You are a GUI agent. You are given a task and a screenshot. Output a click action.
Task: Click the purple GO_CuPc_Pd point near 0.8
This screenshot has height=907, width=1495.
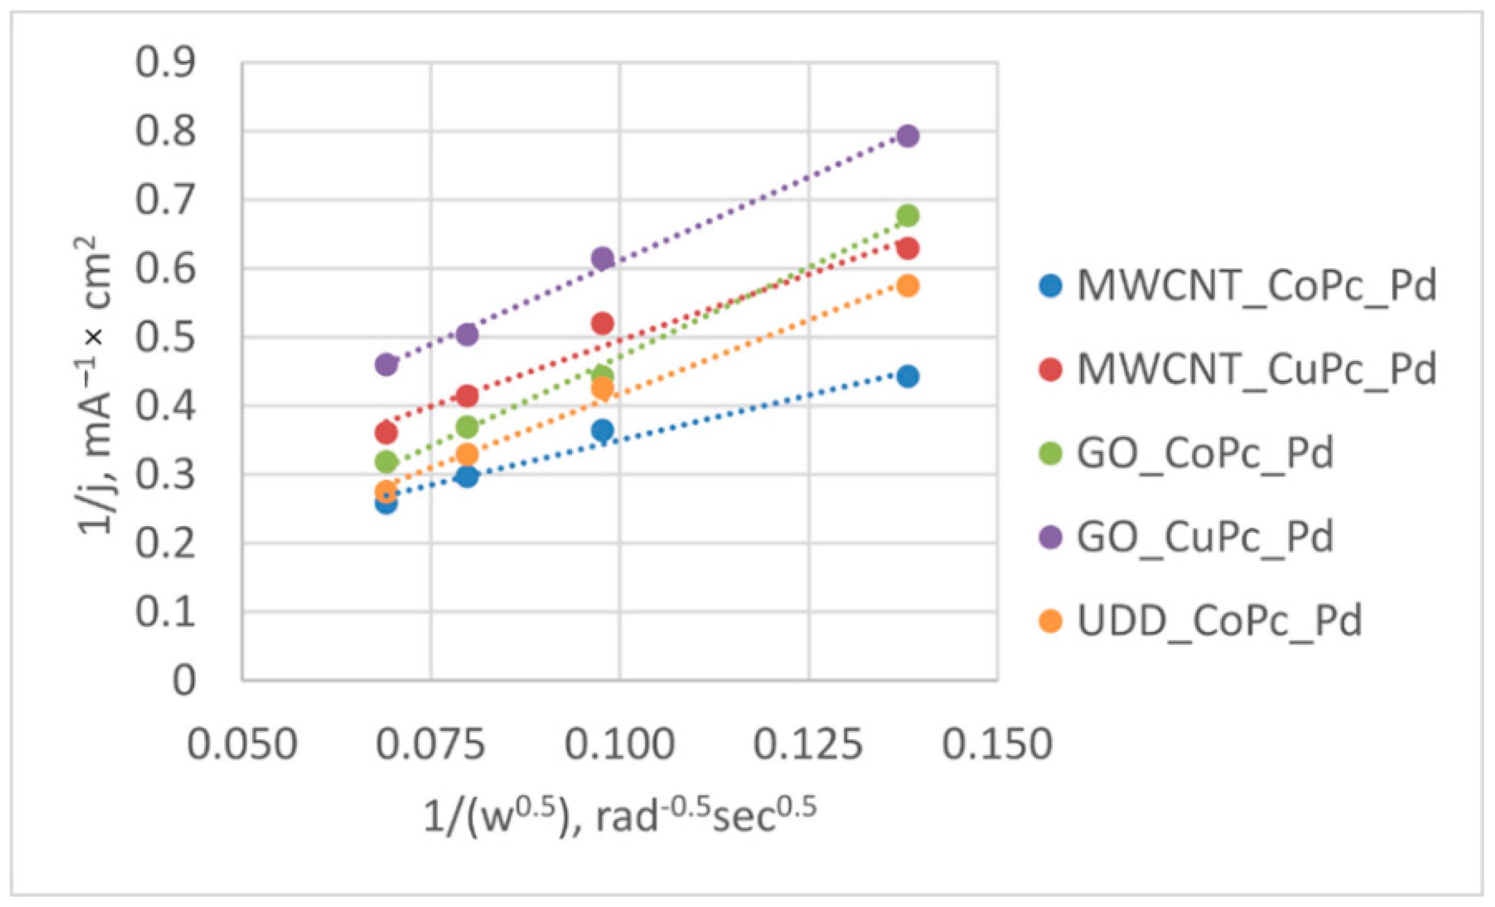(908, 135)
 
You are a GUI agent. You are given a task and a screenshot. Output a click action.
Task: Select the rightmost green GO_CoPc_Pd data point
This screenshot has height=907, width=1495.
(908, 215)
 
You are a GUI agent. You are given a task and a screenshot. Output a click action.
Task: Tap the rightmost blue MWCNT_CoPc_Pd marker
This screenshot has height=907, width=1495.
(908, 376)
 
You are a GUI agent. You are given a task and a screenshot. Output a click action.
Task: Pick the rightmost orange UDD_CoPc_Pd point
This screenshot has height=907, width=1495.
(908, 286)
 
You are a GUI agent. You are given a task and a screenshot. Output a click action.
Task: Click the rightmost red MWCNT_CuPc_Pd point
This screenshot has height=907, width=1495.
(908, 248)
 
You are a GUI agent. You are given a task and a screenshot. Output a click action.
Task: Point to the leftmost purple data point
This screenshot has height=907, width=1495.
(386, 365)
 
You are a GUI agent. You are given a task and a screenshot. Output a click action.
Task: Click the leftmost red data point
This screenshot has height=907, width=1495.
(386, 433)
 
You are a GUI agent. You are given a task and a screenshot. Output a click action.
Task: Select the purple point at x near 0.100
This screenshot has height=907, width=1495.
(602, 259)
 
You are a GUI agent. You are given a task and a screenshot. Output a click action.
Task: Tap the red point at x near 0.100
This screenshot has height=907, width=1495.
(602, 323)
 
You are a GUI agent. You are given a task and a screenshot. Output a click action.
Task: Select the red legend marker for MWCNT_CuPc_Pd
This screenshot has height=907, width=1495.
(1051, 369)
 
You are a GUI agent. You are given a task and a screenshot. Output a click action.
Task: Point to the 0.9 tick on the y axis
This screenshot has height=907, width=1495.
(165, 62)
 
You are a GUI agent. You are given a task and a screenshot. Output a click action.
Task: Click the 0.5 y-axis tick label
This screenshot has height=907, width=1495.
(165, 337)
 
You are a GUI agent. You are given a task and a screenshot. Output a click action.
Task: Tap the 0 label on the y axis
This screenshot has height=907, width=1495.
(184, 680)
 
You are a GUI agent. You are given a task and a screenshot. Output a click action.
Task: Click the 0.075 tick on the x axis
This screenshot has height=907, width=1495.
(431, 744)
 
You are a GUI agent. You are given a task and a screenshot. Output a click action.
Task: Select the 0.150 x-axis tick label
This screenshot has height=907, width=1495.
(997, 744)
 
